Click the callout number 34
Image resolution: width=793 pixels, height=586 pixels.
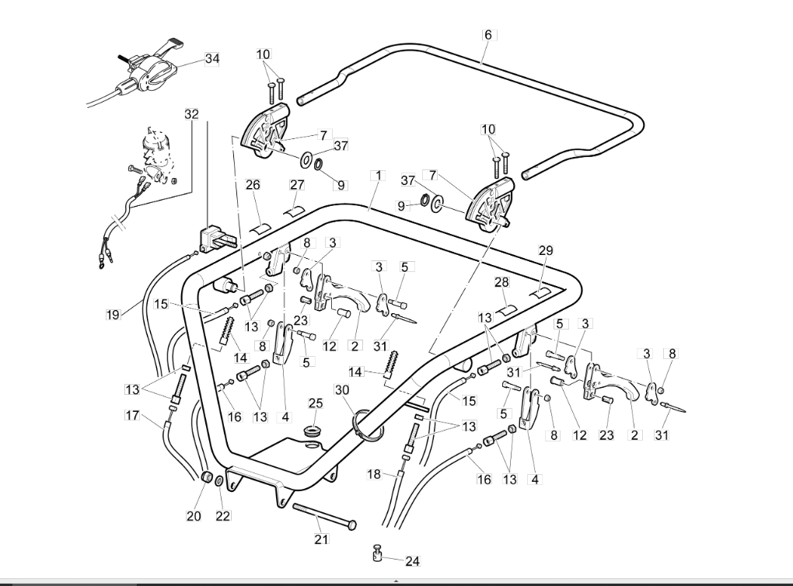click(x=212, y=58)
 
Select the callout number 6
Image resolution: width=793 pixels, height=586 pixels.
click(x=488, y=35)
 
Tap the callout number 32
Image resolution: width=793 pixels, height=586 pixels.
click(x=192, y=114)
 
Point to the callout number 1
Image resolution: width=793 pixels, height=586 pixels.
click(x=378, y=176)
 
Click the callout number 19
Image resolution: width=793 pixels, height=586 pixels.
click(x=114, y=315)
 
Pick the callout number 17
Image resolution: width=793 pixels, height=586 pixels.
click(x=132, y=416)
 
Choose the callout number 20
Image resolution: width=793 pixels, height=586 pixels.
click(x=194, y=516)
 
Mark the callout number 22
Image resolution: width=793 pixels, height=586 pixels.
click(x=222, y=516)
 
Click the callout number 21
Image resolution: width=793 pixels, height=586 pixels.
click(x=321, y=539)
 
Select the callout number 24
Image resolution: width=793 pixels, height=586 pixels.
click(x=413, y=561)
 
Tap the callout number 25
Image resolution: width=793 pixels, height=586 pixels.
click(x=316, y=403)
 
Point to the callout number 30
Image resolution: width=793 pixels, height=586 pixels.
click(x=342, y=390)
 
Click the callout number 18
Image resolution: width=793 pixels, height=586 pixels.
click(x=374, y=475)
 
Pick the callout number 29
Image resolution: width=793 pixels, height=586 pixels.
click(x=546, y=250)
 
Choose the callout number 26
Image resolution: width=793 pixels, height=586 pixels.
click(x=253, y=185)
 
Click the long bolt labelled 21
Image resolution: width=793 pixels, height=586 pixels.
click(x=324, y=516)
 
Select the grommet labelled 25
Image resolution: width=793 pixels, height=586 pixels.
click(x=314, y=433)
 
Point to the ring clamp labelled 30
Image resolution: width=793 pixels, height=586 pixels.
click(x=368, y=424)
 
